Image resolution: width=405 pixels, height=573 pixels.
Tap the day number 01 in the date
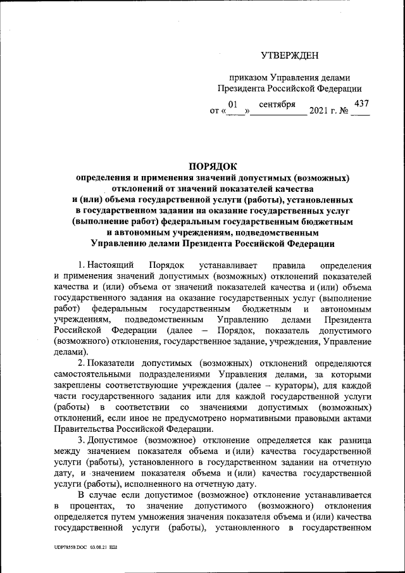coord(232,103)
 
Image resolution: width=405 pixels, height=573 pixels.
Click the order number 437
coord(363,103)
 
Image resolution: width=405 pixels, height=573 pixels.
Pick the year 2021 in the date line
coord(321,112)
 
